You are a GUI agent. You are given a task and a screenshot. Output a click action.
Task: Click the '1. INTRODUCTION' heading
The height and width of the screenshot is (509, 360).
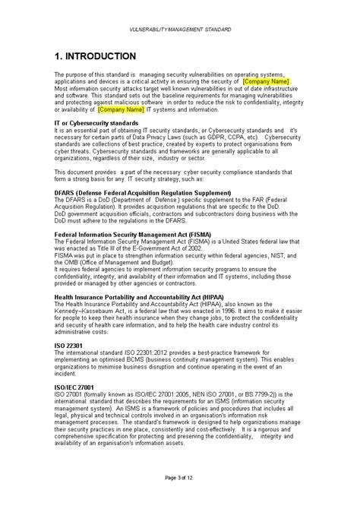tap(96, 57)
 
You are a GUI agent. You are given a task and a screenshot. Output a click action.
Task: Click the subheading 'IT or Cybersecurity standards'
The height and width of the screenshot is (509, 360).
tap(95, 123)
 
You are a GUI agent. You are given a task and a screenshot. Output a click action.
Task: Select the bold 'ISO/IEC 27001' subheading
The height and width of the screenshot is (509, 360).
tap(78, 407)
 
